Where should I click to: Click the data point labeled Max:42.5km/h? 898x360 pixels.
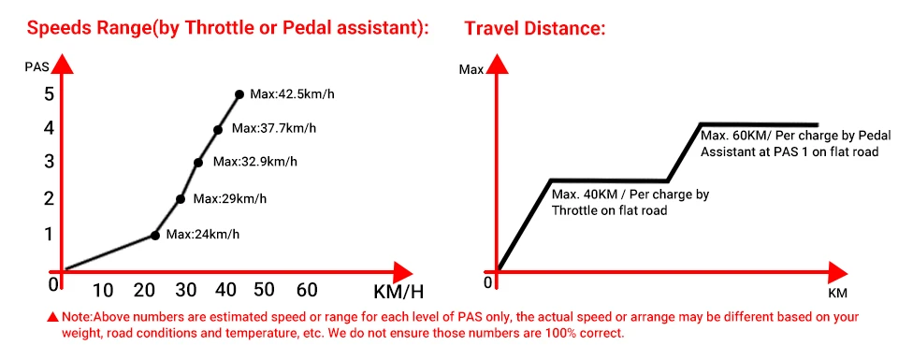239,94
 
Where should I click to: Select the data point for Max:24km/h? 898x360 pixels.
155,236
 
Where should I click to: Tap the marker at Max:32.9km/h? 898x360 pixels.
198,162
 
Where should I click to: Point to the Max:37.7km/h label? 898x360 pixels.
274,129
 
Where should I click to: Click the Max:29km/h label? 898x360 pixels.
229,198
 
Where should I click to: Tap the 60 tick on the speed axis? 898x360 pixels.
306,289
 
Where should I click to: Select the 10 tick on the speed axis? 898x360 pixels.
102,289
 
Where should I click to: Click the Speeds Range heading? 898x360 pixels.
228,28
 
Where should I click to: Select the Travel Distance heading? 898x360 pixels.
536,28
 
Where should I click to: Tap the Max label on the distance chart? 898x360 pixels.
471,70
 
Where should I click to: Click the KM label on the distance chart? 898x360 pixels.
837,294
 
